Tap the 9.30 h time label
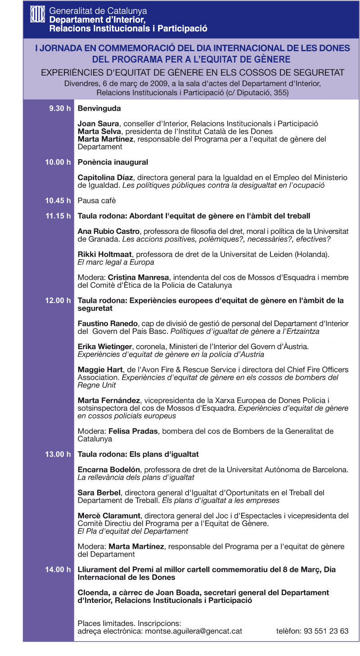tap(60, 108)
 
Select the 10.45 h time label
tap(58, 200)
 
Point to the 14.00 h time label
tap(58, 570)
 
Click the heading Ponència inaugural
tap(113, 162)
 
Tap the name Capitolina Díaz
tap(107, 177)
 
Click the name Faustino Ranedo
tap(108, 324)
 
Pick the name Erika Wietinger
tap(105, 347)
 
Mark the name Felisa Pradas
tap(133, 431)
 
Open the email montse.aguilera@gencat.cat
tap(193, 631)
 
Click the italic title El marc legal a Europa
tap(116, 262)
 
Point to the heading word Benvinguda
tap(99, 108)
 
